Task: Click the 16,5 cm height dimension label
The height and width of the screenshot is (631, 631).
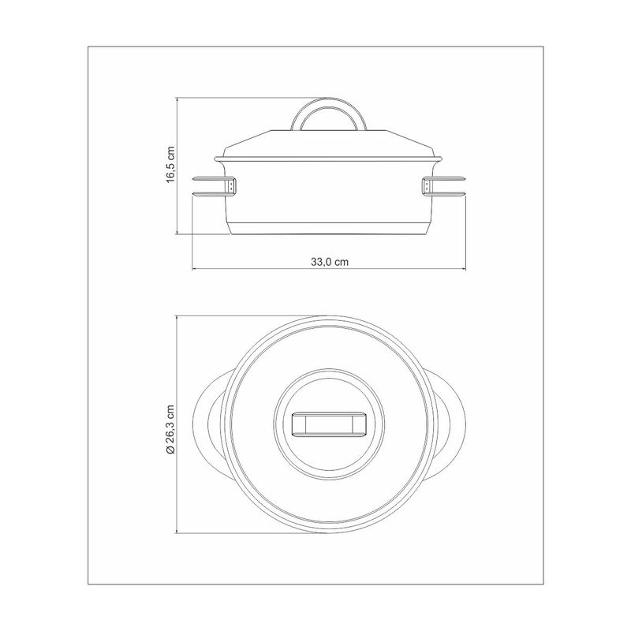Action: pyautogui.click(x=171, y=164)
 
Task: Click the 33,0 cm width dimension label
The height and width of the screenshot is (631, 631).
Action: pyautogui.click(x=329, y=262)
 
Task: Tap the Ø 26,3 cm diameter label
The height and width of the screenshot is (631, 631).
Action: pyautogui.click(x=171, y=429)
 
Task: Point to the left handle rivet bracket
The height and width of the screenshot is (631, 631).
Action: pyautogui.click(x=232, y=186)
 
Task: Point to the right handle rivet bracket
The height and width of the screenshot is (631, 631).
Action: pyautogui.click(x=427, y=186)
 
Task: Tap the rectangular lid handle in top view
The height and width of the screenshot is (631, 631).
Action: pyautogui.click(x=329, y=424)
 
